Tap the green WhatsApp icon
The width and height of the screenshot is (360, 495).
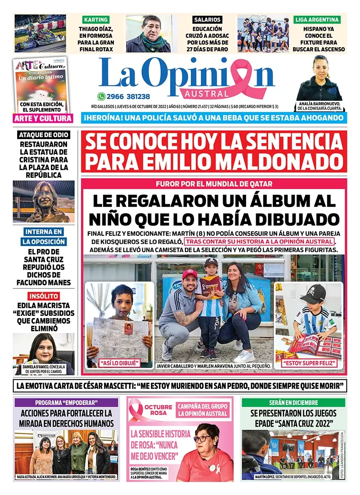(101, 96)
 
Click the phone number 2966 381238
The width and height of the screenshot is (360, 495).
(129, 96)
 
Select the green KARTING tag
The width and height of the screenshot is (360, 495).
(95, 19)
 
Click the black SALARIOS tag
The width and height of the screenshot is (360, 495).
(207, 19)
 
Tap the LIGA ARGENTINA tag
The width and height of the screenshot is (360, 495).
(317, 19)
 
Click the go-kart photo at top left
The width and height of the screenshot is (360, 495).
(40, 34)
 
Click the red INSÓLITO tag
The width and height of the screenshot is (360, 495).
(44, 296)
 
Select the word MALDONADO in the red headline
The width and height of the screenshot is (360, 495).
(274, 161)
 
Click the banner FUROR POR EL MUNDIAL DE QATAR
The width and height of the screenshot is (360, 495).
(214, 184)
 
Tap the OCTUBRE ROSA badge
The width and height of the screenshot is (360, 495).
(158, 409)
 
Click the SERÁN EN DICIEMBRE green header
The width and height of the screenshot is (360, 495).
(293, 402)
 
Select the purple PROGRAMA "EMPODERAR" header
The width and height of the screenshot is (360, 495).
(66, 402)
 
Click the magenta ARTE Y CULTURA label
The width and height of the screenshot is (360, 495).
(43, 118)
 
